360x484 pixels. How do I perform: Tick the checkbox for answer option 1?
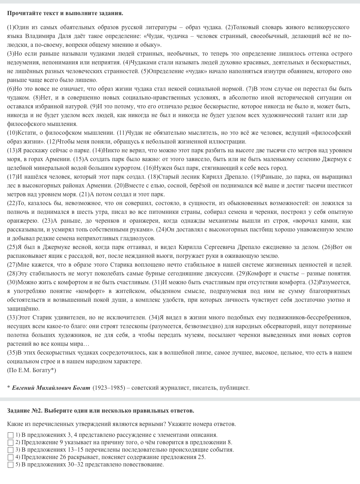pos(11,435)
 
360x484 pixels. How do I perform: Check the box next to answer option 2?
pos(11,442)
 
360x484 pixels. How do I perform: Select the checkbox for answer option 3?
pos(11,450)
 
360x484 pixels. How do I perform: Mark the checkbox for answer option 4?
pos(11,457)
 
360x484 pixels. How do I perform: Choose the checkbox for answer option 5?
pos(11,465)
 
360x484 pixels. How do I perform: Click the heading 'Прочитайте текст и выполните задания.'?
pos(65,13)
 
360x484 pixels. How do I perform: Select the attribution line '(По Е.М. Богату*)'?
pos(31,370)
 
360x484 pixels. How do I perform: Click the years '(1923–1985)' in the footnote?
pos(109,388)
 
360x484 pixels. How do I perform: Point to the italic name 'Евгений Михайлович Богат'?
pos(51,388)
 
